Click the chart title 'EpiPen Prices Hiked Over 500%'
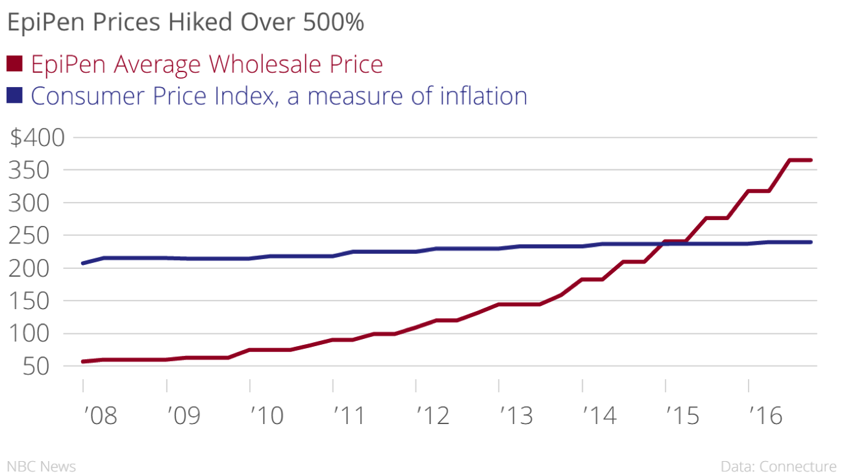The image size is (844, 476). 185,23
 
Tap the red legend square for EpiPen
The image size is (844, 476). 14,64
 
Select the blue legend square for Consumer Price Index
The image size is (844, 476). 14,95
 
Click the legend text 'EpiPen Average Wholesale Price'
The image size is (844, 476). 206,64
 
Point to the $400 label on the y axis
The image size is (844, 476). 38,138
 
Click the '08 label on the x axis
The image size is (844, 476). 101,415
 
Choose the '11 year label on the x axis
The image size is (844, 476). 351,415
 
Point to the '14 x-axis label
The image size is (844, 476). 600,415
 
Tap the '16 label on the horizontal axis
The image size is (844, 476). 767,415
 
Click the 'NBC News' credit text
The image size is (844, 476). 42,466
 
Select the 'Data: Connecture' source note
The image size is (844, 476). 778,466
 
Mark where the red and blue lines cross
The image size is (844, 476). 663,244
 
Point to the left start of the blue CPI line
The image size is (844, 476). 83,263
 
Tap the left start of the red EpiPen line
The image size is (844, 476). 83,361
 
